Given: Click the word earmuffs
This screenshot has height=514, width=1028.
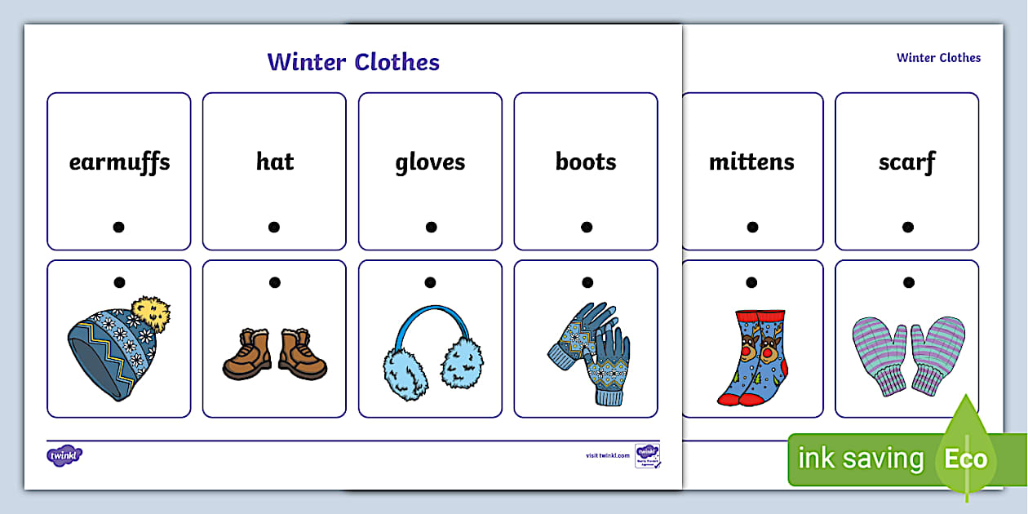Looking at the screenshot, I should [x=119, y=162].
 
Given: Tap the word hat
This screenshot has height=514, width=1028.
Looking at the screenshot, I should [x=275, y=162].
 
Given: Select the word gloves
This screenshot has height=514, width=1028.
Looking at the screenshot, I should [x=430, y=162].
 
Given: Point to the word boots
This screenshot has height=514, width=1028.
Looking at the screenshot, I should [x=586, y=162].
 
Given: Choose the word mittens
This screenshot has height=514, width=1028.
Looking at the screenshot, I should [x=751, y=162].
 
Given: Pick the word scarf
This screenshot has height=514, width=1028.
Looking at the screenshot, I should [x=906, y=162].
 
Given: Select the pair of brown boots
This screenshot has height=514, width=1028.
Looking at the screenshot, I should [x=275, y=354].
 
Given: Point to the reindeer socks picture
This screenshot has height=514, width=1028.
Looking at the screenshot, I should [x=752, y=357].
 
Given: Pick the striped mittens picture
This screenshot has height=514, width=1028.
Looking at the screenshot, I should [x=908, y=353].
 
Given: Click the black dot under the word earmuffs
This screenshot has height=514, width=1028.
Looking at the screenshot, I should [x=119, y=228].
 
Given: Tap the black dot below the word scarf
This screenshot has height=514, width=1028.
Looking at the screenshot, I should [x=908, y=227].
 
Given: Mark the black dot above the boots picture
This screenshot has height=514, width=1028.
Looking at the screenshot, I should [x=275, y=282].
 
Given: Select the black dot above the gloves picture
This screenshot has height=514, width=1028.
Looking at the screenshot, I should [x=587, y=282].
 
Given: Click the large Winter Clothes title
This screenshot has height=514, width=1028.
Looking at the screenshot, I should [x=353, y=62].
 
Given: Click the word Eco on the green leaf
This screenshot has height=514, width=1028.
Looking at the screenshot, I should [x=965, y=459].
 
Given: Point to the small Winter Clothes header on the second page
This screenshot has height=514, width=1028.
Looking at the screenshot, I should [x=938, y=58].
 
